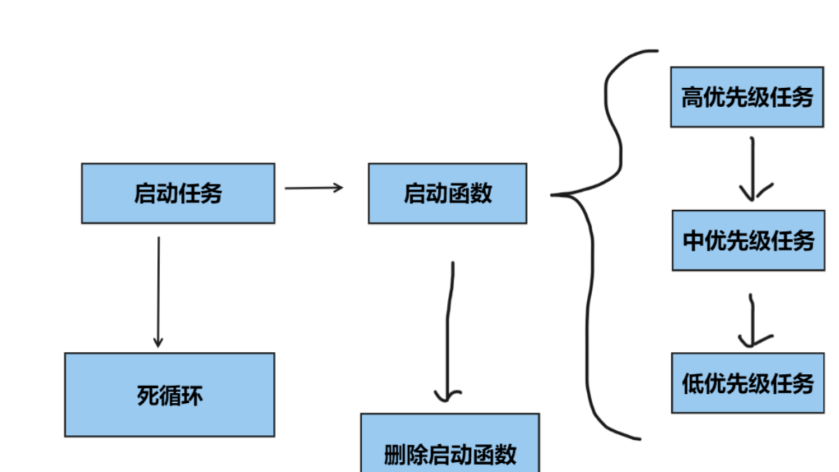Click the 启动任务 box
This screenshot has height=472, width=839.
tap(177, 193)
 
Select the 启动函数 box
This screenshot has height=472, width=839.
tap(447, 193)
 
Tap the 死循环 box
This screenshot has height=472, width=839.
tap(169, 394)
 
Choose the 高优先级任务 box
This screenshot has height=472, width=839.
tap(747, 97)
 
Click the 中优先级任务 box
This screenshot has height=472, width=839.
tap(748, 240)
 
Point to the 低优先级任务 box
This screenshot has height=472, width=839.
tap(747, 383)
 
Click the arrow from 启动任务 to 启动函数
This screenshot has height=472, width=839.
tap(314, 188)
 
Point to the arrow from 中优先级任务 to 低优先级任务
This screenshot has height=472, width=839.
tap(752, 321)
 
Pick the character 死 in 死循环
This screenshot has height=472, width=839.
tap(147, 396)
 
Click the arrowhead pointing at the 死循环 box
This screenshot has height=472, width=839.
tap(158, 343)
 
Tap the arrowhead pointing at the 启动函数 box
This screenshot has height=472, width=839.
tap(339, 187)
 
